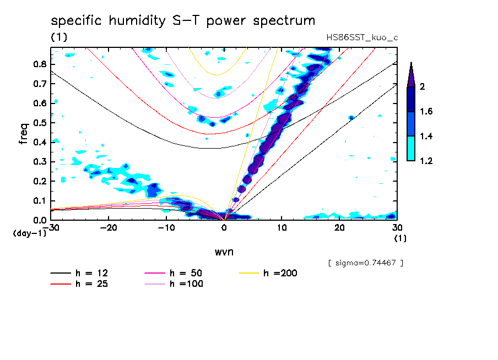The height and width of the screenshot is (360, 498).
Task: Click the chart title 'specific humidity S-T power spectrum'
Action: coord(183,21)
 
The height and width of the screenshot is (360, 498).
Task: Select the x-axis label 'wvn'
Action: coord(224,252)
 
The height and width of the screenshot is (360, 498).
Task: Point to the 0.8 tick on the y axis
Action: coord(39,63)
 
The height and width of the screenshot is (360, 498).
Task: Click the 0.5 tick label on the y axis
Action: coord(39,122)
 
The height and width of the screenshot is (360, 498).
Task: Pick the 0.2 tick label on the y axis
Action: coord(39,181)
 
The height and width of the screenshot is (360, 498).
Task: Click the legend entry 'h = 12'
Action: coord(82,273)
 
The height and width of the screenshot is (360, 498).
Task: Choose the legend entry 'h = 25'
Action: coord(82,284)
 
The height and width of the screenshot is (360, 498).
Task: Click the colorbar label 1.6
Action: coord(426,112)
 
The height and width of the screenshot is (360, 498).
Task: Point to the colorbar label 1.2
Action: coord(426,161)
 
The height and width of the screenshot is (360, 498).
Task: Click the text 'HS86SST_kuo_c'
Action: coord(362,37)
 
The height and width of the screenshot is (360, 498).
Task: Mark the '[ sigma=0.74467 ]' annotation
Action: coord(365,263)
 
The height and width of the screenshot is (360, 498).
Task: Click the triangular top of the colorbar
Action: coord(410,74)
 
